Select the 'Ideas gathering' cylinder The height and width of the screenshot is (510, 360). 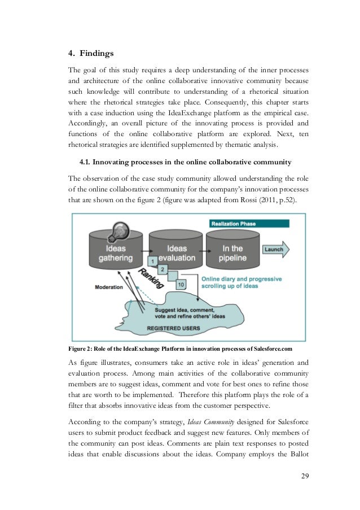pos(116,254)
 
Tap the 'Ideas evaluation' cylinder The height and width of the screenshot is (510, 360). pos(177,254)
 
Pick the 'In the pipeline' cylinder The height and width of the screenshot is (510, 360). pos(232,252)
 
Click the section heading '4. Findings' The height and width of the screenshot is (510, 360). pos(91,54)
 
